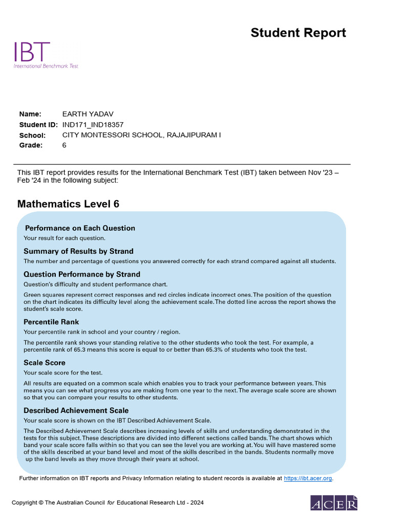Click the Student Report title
(x=298, y=33)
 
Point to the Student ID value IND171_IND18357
(x=93, y=124)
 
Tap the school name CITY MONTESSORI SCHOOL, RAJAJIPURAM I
(x=142, y=135)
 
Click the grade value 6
(x=64, y=145)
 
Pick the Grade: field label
(x=31, y=145)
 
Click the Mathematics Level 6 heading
(x=68, y=204)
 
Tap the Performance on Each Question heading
(x=80, y=228)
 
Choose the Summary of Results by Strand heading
(x=78, y=251)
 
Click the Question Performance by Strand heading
(x=82, y=274)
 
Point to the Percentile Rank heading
(x=51, y=322)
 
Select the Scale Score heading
(x=45, y=363)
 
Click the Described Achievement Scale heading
(x=76, y=410)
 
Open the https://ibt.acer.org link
(x=308, y=478)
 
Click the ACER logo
(x=334, y=503)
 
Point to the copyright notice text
(x=107, y=503)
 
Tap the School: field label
(x=32, y=135)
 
